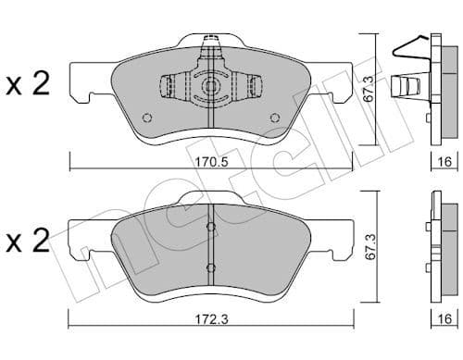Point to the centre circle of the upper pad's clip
coord(210,88)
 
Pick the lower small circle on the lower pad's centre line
coord(212,267)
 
